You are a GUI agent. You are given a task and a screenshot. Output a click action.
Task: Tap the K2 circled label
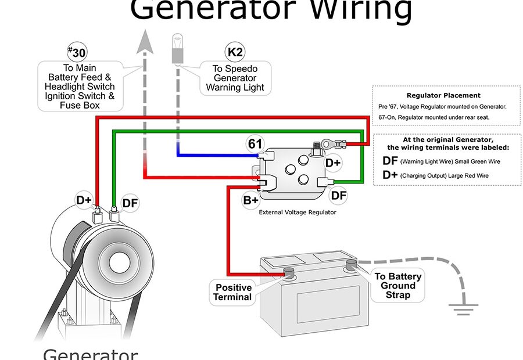coord(235,52)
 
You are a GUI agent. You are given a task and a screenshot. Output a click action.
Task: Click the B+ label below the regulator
coord(250,201)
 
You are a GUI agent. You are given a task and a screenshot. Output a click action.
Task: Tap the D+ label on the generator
coord(84,201)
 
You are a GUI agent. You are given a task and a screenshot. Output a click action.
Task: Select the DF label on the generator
coord(130,204)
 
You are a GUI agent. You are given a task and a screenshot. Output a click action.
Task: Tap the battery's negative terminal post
coord(350,264)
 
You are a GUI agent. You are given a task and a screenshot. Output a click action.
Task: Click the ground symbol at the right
coord(462,308)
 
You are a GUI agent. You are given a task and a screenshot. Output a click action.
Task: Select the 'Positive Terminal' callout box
coord(234,292)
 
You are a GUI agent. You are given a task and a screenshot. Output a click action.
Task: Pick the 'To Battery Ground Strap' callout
coord(398,286)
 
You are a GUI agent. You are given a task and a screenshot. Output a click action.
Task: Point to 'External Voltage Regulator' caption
coord(297,213)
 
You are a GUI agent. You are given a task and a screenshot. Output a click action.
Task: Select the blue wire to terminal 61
coord(215,156)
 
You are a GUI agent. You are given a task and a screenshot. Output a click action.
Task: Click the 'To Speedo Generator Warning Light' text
coord(235,78)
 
